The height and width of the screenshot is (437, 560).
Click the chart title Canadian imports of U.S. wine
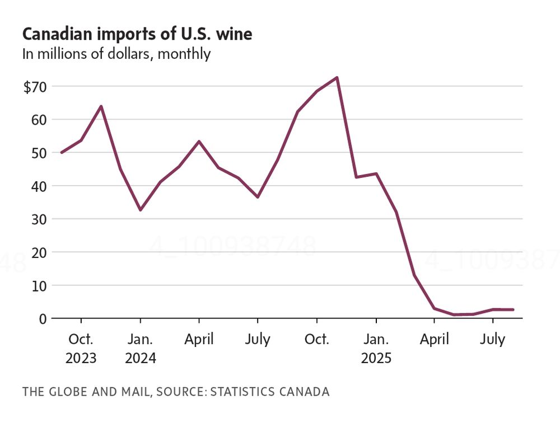[137, 34]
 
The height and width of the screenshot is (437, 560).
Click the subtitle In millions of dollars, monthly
[116, 54]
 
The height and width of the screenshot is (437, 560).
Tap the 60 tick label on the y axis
[41, 120]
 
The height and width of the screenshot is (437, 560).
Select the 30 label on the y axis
[41, 219]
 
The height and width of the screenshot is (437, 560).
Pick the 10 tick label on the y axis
[41, 285]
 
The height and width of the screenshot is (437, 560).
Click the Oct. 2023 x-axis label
[81, 348]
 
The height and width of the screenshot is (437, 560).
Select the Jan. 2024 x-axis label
[140, 348]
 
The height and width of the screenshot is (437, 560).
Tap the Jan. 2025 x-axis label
[376, 348]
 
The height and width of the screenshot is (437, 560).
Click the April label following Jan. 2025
[434, 340]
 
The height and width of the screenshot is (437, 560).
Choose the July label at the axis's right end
[493, 340]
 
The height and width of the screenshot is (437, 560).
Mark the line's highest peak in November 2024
[337, 78]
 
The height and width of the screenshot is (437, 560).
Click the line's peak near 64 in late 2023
[101, 106]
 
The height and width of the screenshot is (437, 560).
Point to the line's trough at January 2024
[140, 210]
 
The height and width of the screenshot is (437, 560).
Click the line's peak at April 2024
[199, 142]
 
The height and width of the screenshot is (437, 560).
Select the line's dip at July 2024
[258, 197]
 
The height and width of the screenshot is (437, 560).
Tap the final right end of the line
[512, 309]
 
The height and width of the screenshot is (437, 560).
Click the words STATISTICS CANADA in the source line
[271, 391]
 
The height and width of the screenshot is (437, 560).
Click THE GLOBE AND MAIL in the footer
[86, 391]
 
